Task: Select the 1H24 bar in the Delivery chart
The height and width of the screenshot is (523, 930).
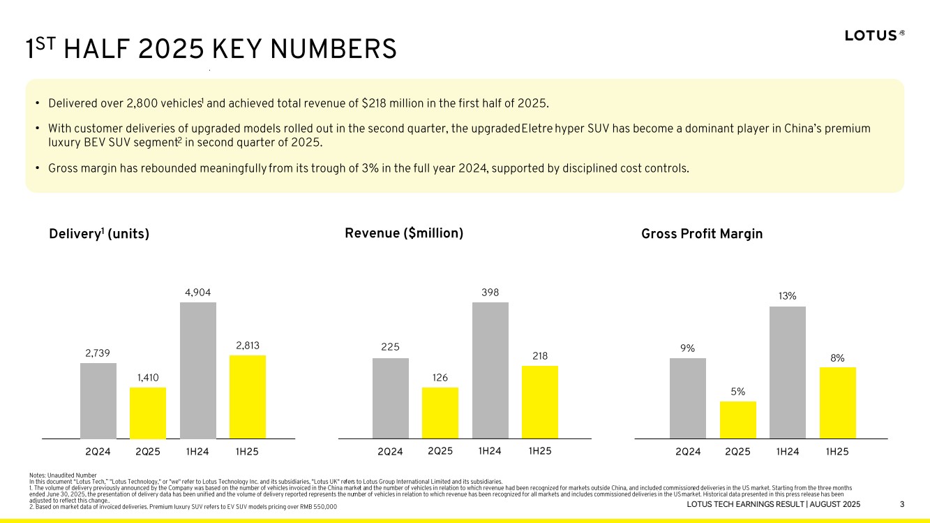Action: click(197, 370)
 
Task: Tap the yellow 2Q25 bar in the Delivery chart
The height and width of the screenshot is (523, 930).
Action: click(148, 413)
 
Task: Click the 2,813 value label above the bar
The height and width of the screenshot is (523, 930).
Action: click(247, 345)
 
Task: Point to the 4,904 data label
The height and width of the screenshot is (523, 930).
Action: click(197, 292)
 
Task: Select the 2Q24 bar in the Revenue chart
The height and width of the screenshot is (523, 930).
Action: click(391, 398)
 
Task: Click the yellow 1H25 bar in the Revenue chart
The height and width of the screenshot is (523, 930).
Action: click(540, 402)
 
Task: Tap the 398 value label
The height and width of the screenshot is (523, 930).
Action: click(490, 292)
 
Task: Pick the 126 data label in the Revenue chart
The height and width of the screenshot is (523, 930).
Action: click(440, 377)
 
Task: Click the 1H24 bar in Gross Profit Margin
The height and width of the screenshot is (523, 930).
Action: click(788, 372)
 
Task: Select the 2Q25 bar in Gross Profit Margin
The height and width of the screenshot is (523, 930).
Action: click(738, 420)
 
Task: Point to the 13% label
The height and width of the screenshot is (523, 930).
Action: click(788, 296)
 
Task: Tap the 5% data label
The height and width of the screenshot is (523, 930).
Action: click(738, 391)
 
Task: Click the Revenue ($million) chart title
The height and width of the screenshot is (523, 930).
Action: click(404, 233)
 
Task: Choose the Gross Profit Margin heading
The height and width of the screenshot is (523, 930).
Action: click(702, 234)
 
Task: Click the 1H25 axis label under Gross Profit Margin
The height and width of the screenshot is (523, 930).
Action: click(837, 452)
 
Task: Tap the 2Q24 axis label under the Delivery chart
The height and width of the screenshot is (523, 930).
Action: click(98, 452)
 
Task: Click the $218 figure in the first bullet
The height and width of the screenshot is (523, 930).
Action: click(376, 104)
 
